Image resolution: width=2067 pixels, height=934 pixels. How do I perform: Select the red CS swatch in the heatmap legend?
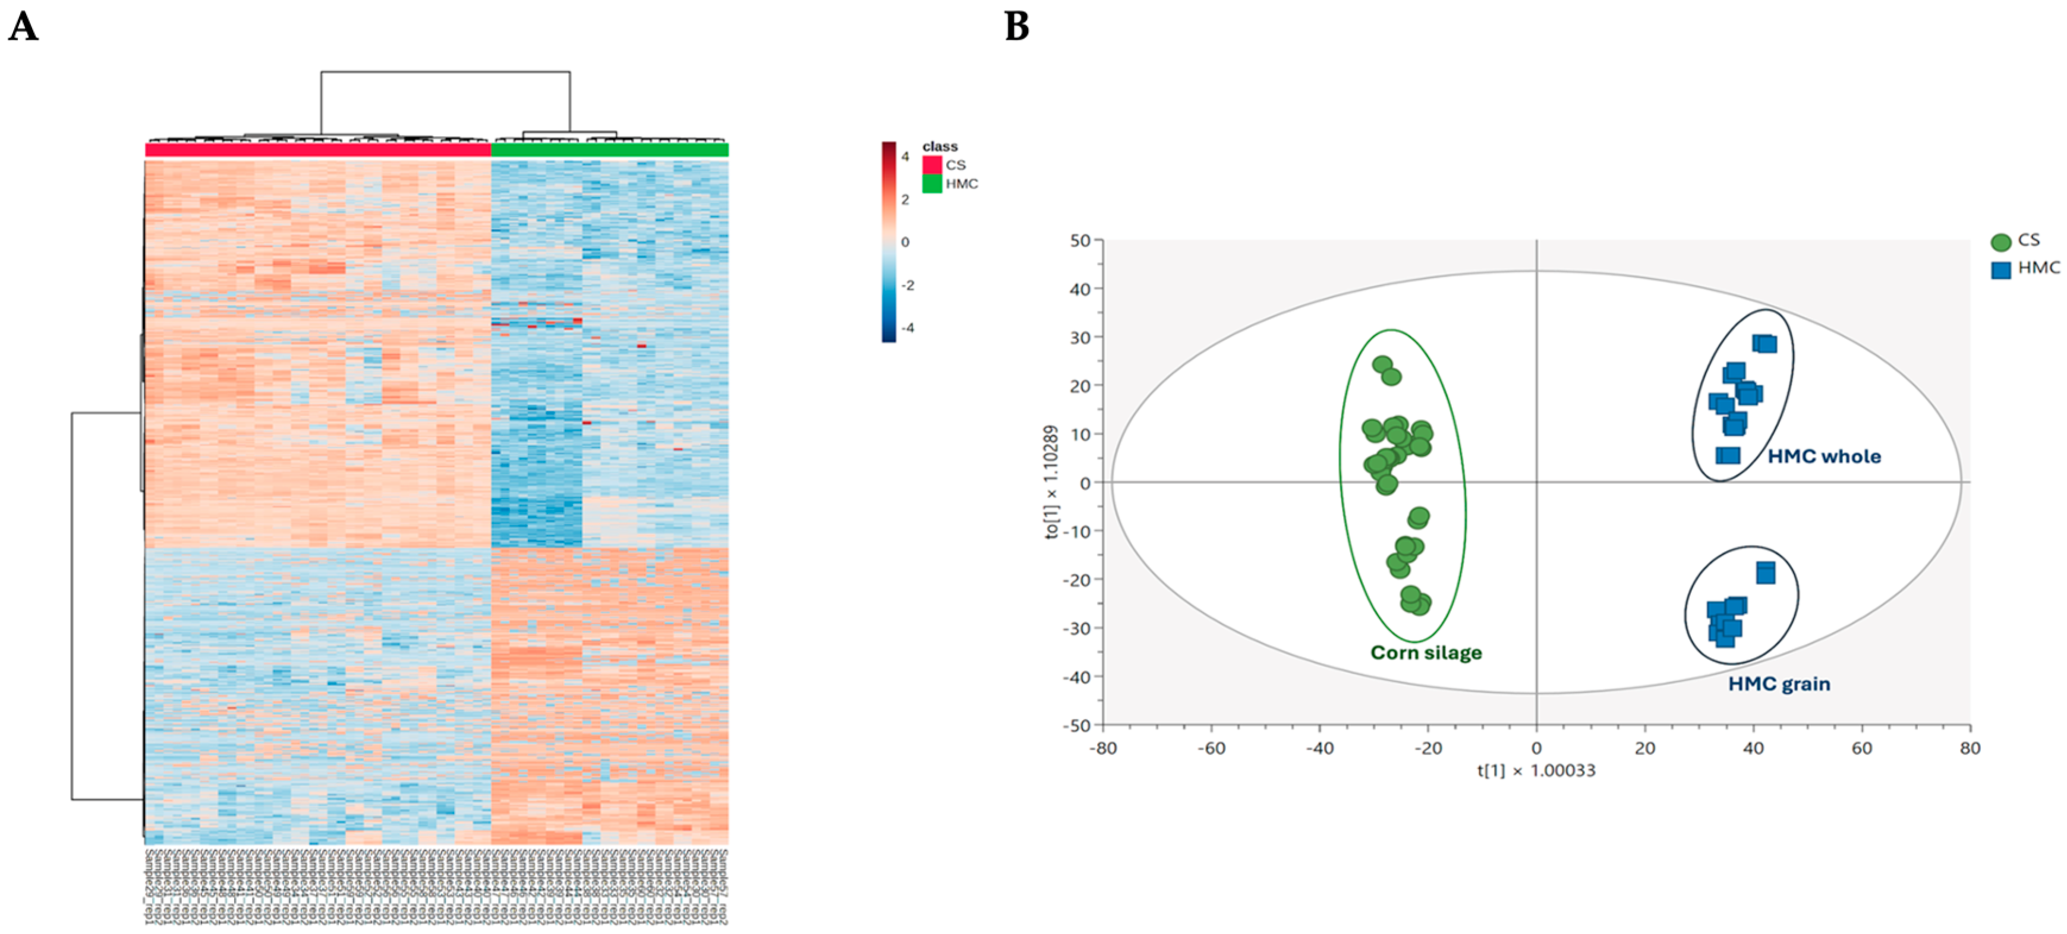(x=932, y=165)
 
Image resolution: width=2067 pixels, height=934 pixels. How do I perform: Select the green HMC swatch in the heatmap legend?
(x=932, y=184)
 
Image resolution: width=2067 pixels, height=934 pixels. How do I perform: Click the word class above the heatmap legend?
(x=940, y=146)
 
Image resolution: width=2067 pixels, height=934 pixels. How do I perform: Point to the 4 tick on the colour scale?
(x=905, y=156)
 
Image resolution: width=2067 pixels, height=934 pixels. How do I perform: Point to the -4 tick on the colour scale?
(x=907, y=328)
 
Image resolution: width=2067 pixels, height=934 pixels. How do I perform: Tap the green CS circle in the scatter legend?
(x=2000, y=241)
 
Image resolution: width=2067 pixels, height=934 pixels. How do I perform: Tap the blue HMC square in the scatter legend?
(x=2000, y=269)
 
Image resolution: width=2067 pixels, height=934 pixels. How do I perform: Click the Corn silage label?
(x=1426, y=652)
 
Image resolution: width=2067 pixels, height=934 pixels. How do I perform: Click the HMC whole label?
(x=1824, y=456)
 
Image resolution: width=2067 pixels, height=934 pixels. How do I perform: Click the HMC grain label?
(x=1779, y=684)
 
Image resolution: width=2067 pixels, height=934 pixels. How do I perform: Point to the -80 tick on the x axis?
(x=1102, y=748)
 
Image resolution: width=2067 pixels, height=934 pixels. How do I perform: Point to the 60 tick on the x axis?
(x=1861, y=748)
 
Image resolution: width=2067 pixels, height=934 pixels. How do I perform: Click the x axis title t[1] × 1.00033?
(x=1536, y=771)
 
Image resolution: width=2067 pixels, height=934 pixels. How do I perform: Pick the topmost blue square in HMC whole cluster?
(x=1764, y=344)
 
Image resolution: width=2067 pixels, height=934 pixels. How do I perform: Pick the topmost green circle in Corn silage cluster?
(x=1382, y=365)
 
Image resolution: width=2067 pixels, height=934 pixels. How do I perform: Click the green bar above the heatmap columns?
(x=609, y=149)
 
